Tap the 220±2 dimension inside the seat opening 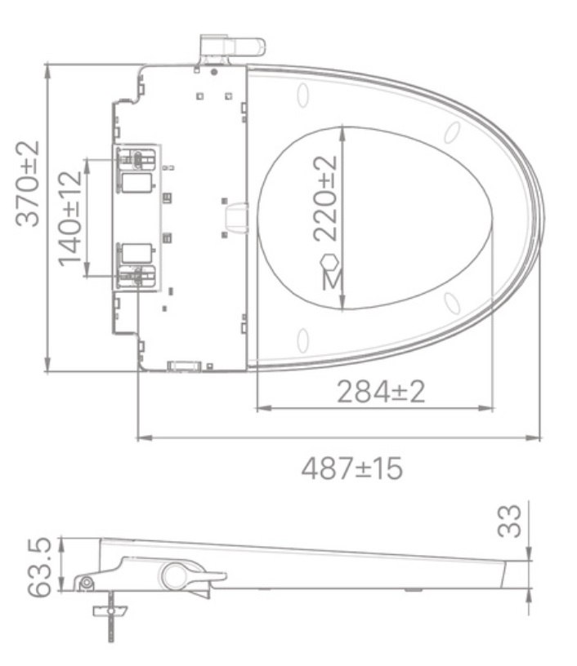(x=325, y=198)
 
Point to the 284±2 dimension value (x=381, y=392)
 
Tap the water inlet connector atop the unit (x=232, y=47)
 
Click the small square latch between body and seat (x=236, y=218)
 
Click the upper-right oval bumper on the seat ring (x=450, y=131)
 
